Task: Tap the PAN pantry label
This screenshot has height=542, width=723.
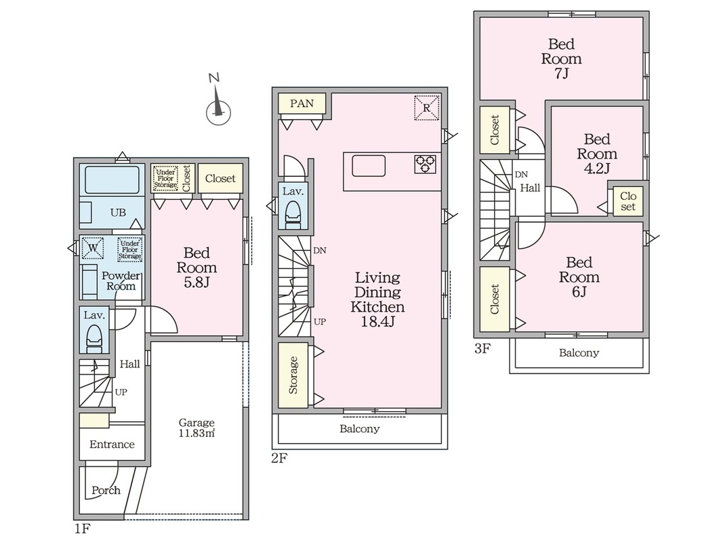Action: [x=302, y=103]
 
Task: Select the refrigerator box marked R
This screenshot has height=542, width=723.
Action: [x=426, y=108]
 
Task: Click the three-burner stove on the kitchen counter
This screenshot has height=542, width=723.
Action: [x=425, y=164]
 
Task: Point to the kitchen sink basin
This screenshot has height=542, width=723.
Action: [x=369, y=166]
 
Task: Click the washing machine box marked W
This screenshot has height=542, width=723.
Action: [x=93, y=248]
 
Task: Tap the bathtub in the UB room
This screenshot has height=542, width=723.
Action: [x=112, y=180]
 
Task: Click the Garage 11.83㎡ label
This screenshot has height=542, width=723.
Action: [x=197, y=428]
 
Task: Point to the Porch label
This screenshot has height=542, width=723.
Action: [x=106, y=490]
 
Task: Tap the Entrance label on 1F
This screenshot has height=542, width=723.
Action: [x=112, y=444]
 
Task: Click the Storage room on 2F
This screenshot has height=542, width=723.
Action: [x=293, y=375]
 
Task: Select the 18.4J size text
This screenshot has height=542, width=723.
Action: [x=377, y=322]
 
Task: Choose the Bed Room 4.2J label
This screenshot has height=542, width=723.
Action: [x=597, y=154]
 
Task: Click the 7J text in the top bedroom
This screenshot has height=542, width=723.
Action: [x=561, y=73]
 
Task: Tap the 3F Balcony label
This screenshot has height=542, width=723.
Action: [x=579, y=353]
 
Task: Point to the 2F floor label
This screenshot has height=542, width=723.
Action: [x=279, y=459]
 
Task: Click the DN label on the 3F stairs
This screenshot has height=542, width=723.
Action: [x=521, y=175]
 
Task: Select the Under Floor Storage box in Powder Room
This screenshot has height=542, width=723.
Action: [x=129, y=249]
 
